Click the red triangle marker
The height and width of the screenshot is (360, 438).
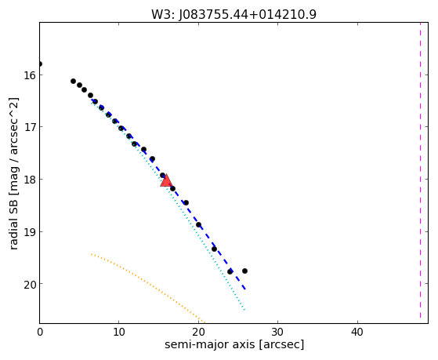pos(166,180)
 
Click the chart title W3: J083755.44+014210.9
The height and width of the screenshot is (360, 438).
pos(233,15)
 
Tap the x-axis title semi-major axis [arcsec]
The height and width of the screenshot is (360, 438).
pos(234,344)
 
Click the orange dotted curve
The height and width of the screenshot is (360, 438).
pos(145,283)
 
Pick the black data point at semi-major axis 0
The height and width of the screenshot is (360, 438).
pos(40,64)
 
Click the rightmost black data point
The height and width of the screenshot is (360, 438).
pos(244,271)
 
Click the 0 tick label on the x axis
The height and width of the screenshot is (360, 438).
pos(40,332)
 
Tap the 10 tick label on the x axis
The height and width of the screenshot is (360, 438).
pos(119,332)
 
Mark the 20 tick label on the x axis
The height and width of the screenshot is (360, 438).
pos(198,332)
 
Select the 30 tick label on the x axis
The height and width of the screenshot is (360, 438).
pos(277,332)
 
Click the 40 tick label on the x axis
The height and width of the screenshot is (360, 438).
pos(357,332)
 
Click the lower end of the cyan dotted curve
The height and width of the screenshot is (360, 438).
pos(244,310)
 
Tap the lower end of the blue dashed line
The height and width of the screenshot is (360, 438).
pos(245,289)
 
